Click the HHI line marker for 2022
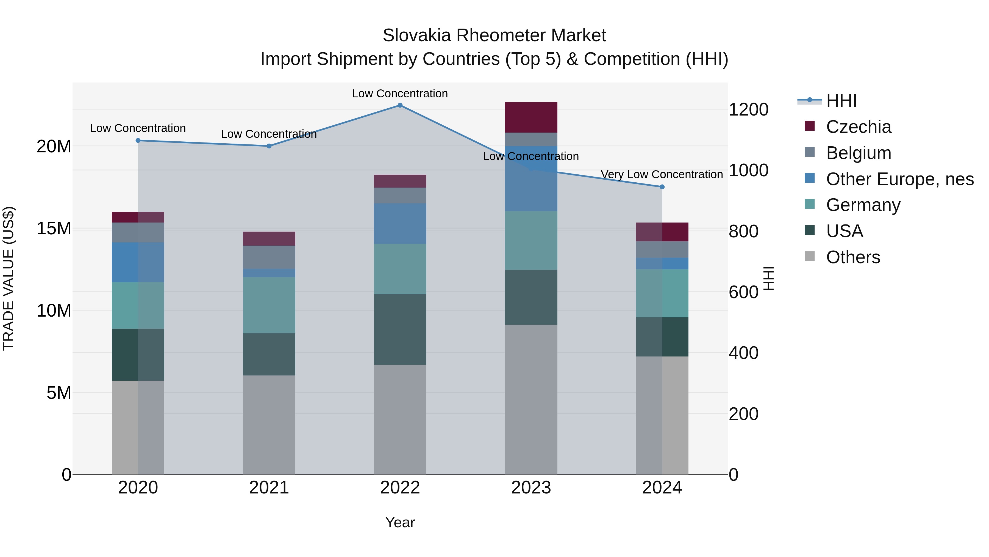(400, 105)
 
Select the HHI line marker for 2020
(138, 141)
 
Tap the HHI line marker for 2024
(662, 187)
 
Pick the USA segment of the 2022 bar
(400, 330)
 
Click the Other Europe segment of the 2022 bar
(400, 223)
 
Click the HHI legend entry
(841, 101)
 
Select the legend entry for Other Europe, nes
(899, 179)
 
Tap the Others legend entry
(853, 257)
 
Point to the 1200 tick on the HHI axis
(748, 109)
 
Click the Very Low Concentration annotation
(662, 174)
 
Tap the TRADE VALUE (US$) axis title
(9, 278)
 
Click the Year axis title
(400, 522)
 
